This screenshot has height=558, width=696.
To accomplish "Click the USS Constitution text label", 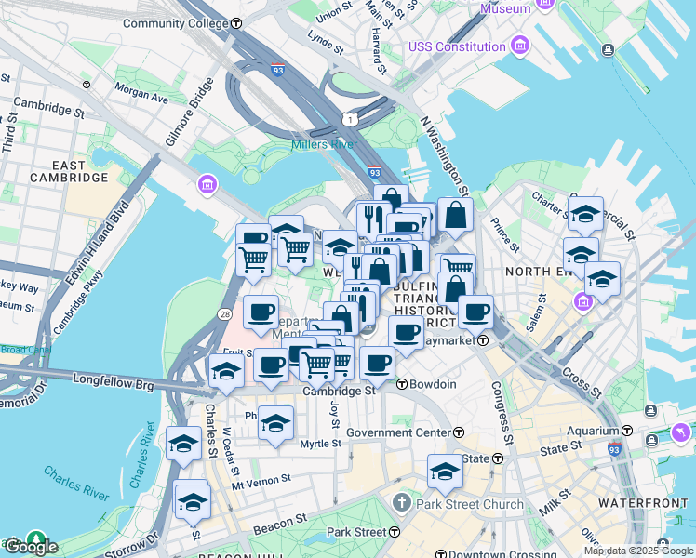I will pyautogui.click(x=456, y=46).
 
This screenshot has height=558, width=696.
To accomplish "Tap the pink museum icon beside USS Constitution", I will pyautogui.click(x=519, y=46).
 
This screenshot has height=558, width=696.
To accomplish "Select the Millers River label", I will pyautogui.click(x=323, y=144).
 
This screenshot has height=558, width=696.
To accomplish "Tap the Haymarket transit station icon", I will pyautogui.click(x=484, y=340).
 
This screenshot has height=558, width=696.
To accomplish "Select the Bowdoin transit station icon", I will pyautogui.click(x=401, y=384).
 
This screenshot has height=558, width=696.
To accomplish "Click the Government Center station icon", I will pyautogui.click(x=459, y=432).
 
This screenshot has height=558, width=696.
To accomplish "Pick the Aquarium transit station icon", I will pyautogui.click(x=627, y=432).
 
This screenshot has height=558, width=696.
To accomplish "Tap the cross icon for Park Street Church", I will pyautogui.click(x=401, y=504).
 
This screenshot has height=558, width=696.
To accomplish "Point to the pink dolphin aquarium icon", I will pyautogui.click(x=680, y=434).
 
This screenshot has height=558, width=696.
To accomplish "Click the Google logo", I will pyautogui.click(x=30, y=547).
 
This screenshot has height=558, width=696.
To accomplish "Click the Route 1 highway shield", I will pyautogui.click(x=348, y=119).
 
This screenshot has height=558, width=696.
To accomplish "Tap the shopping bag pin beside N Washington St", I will pyautogui.click(x=455, y=216).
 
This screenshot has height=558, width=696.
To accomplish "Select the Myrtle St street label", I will pyautogui.click(x=321, y=444).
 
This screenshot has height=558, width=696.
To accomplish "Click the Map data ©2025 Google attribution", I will pyautogui.click(x=638, y=551).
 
